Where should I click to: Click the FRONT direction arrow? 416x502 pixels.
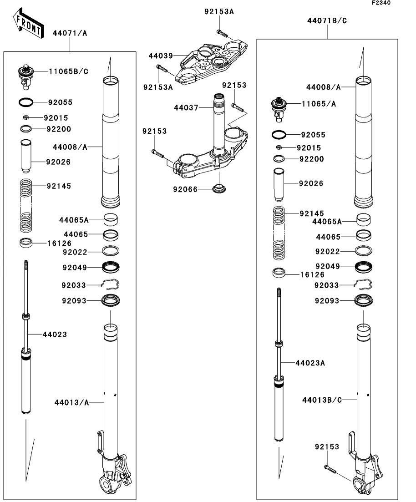[x=29, y=24]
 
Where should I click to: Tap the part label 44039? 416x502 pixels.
[x=161, y=56]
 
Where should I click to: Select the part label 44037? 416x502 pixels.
[x=186, y=107]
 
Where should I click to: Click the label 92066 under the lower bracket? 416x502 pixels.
[x=185, y=189]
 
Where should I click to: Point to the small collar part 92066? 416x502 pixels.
[x=219, y=188]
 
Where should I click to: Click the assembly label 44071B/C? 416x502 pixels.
[x=327, y=20]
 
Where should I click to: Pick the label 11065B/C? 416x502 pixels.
[x=69, y=71]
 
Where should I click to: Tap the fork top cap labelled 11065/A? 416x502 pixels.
[x=279, y=109]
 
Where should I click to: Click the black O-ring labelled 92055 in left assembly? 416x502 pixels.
[x=26, y=102]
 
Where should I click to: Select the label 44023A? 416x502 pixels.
[x=310, y=363]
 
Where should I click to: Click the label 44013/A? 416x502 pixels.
[x=71, y=402]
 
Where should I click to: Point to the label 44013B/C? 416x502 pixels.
[x=322, y=400]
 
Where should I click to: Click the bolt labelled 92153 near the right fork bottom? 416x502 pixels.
[x=330, y=469]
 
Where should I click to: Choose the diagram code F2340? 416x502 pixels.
[x=381, y=3]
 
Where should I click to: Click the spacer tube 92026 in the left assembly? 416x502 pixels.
[x=26, y=156]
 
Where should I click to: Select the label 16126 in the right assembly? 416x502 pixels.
[x=312, y=275]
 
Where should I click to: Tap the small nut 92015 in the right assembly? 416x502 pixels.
[x=279, y=147]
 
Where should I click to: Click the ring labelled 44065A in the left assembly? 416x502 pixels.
[x=111, y=220]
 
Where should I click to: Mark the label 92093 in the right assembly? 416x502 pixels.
[x=327, y=301]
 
